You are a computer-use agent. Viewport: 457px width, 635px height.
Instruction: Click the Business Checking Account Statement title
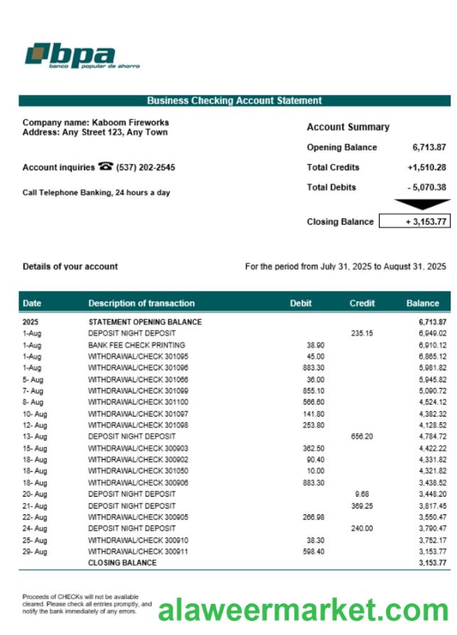tap(234, 101)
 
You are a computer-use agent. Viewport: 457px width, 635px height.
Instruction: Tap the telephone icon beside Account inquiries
tap(106, 167)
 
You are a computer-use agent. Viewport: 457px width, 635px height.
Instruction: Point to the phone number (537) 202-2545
tap(145, 167)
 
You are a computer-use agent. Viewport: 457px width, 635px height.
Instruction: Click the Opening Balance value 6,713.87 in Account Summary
tap(429, 148)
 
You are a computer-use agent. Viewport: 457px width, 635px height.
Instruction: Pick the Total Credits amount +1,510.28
tap(426, 167)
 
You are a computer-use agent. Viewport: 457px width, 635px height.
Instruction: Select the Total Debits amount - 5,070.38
tap(426, 187)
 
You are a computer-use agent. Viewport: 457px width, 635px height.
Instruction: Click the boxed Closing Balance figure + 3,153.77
tap(415, 221)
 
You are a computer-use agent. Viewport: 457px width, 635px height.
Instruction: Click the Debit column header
tap(301, 303)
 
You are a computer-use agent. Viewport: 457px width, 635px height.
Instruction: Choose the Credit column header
tap(362, 303)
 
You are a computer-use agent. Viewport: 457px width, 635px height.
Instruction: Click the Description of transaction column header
tap(141, 303)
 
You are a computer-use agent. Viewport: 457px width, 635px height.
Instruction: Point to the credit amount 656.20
tap(362, 436)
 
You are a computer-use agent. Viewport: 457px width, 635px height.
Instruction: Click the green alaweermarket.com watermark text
tap(303, 609)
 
